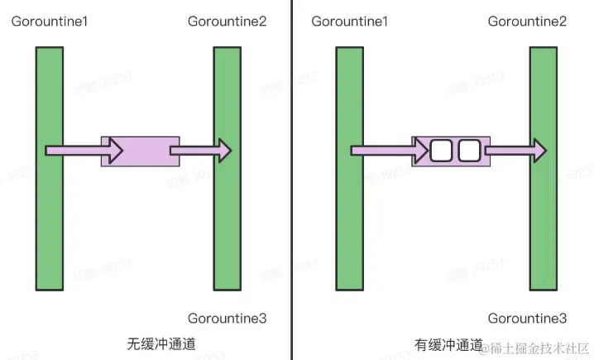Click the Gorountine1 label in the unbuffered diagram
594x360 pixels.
pos(50,21)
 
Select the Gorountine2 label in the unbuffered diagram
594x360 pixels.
pos(228,21)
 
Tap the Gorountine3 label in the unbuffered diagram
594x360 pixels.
pos(228,318)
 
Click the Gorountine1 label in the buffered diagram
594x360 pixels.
pos(350,21)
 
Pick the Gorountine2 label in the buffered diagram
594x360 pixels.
pos(527,21)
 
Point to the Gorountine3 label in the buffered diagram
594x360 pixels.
pos(527,318)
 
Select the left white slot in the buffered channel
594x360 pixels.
pos(442,151)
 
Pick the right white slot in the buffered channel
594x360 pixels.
pos(469,151)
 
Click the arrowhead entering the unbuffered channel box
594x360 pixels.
pos(113,151)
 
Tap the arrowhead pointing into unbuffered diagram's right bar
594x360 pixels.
pos(223,151)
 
